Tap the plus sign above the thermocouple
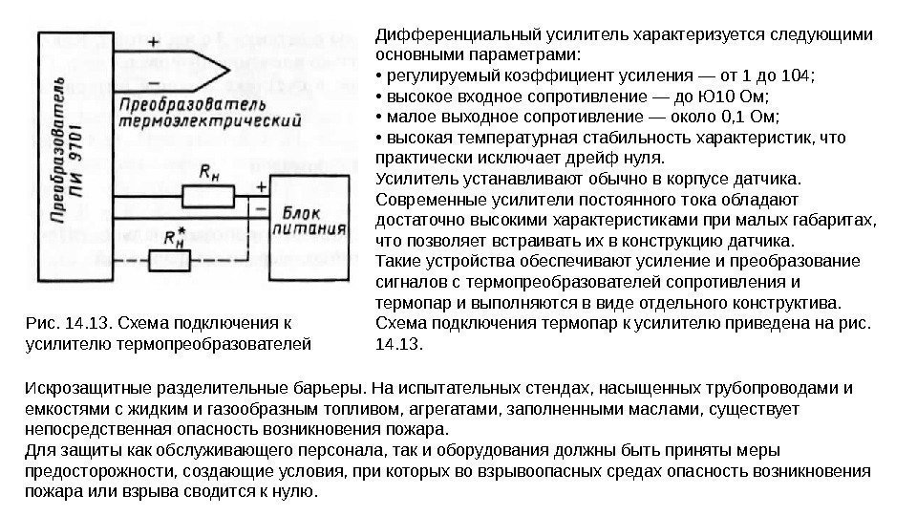click(154, 41)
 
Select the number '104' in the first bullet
click(792, 76)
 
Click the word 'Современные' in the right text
click(424, 198)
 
